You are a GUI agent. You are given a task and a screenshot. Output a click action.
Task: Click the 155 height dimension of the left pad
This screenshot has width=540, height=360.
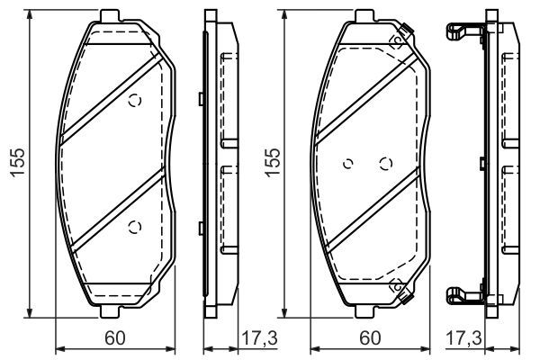click(x=18, y=163)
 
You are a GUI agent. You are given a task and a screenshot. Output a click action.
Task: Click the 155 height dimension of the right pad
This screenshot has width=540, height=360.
click(x=273, y=163)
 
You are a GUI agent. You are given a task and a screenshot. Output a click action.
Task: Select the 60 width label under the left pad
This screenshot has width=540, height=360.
click(x=115, y=338)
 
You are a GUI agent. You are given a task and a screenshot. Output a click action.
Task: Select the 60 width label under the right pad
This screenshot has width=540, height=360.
click(x=370, y=338)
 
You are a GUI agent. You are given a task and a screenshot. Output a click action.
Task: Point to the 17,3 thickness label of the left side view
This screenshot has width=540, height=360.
click(x=259, y=338)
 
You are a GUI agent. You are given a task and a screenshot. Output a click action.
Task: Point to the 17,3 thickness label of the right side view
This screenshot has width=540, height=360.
click(x=463, y=338)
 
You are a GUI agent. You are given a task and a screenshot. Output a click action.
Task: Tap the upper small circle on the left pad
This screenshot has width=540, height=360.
click(x=135, y=101)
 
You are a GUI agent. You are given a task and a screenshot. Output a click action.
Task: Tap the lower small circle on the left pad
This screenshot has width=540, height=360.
click(x=135, y=227)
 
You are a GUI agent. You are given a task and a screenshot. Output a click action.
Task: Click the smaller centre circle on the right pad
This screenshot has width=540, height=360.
click(x=348, y=164)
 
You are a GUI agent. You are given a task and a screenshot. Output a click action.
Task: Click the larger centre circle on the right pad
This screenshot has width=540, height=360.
click(x=386, y=164)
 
